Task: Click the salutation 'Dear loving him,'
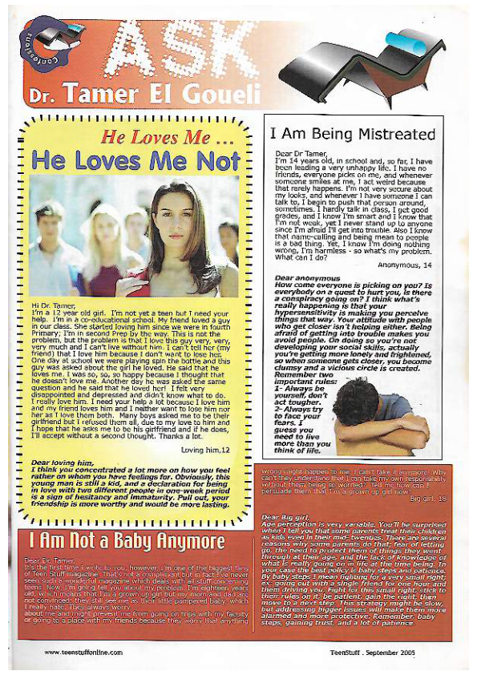(62, 441)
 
